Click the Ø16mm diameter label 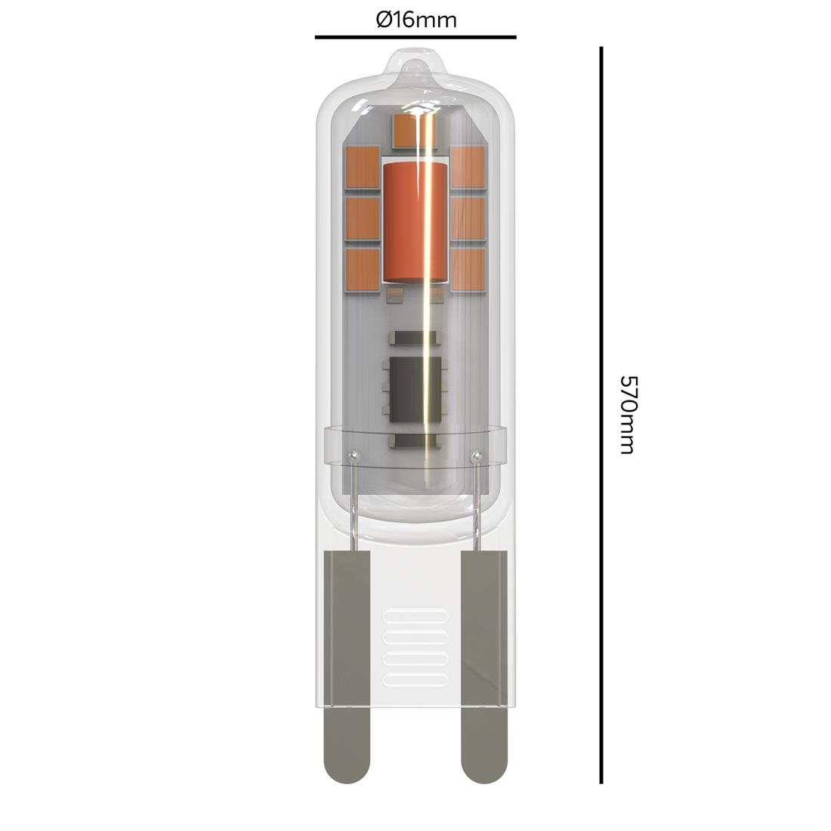pos(415,20)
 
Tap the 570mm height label pos(626,415)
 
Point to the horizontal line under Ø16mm pos(415,36)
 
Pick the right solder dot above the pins pos(475,456)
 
